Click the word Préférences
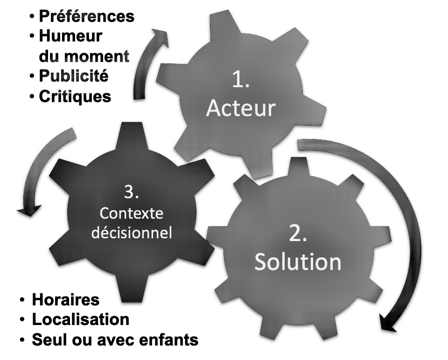86,16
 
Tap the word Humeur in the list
70,36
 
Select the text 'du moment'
84,56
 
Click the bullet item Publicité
73,76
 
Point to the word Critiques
75,97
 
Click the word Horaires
65,299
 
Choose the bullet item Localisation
80,319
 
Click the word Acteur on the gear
241,108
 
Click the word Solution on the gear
298,262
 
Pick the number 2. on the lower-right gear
298,234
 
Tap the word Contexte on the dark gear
132,214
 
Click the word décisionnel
132,232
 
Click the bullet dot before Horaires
22,299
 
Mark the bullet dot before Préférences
32,17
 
